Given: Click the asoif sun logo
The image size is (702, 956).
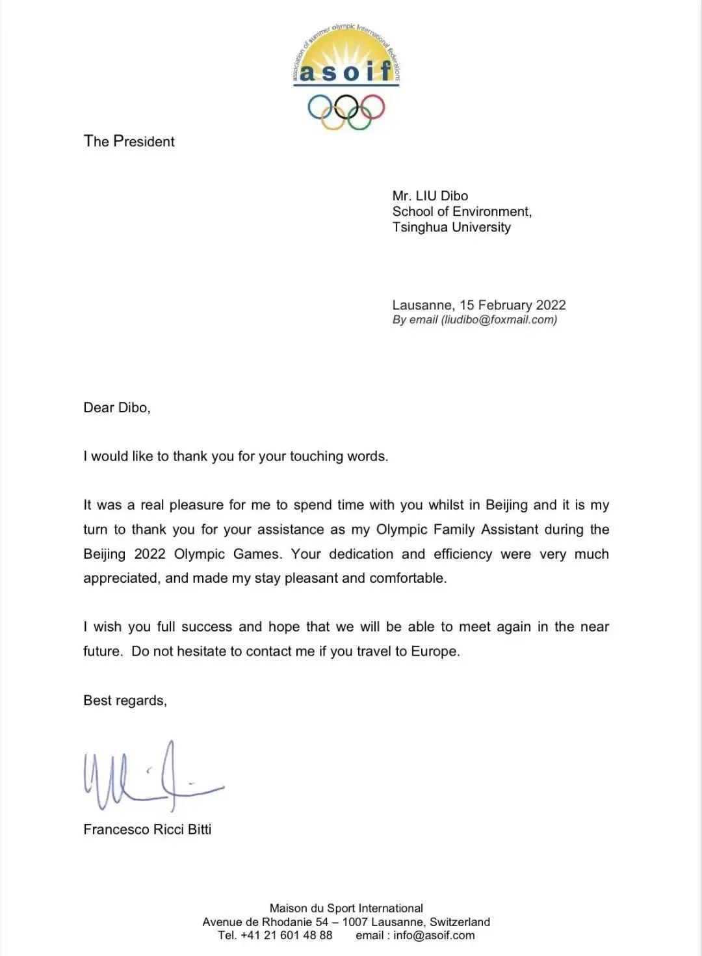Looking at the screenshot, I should pyautogui.click(x=346, y=59).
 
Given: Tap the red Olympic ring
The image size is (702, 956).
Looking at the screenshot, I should pyautogui.click(x=372, y=107).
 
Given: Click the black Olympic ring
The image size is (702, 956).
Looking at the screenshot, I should pyautogui.click(x=346, y=107).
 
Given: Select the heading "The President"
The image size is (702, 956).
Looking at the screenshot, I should pyautogui.click(x=129, y=141).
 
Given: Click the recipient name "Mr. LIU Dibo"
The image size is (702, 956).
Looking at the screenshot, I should pyautogui.click(x=430, y=196).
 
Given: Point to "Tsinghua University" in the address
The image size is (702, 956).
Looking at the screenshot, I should pyautogui.click(x=451, y=227).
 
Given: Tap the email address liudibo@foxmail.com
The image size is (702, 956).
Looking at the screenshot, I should pyautogui.click(x=499, y=319).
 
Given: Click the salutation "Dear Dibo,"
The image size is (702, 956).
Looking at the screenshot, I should pyautogui.click(x=117, y=408).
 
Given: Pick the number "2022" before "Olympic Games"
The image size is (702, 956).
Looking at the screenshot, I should pyautogui.click(x=149, y=554).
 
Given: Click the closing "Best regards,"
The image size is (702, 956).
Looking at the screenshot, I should pyautogui.click(x=125, y=700).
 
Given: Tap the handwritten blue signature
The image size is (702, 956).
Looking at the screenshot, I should pyautogui.click(x=152, y=777).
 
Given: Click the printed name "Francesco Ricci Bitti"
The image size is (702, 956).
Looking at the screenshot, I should pyautogui.click(x=148, y=829).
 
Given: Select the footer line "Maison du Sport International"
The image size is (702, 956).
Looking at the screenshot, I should pyautogui.click(x=346, y=908).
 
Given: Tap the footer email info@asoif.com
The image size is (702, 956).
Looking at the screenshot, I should pyautogui.click(x=434, y=935).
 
